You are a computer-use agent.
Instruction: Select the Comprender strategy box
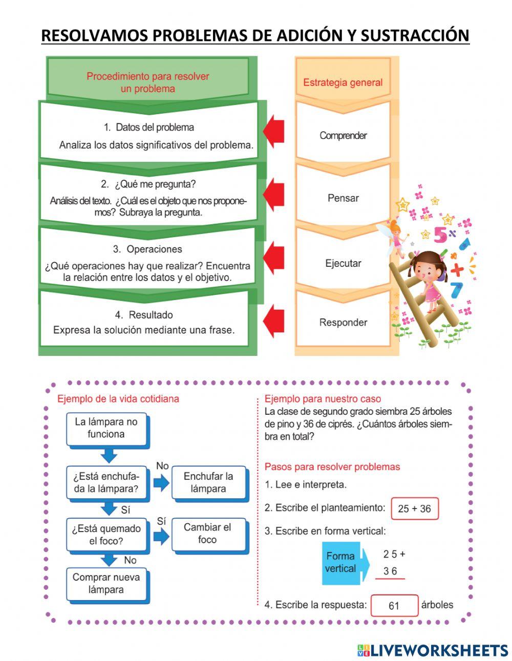coord(343,136)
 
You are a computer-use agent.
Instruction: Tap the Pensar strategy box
coord(343,198)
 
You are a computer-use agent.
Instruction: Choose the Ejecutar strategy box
coord(343,263)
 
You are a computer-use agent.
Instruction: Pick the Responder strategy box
coord(343,323)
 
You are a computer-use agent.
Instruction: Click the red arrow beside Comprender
coord(274,132)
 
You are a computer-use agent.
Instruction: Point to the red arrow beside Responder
coord(274,321)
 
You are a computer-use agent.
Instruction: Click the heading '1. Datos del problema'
coord(148,127)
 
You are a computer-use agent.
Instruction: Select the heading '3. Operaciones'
coord(147,249)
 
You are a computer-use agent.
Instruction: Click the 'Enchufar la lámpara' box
coord(208,482)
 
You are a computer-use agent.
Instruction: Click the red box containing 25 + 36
coord(414,509)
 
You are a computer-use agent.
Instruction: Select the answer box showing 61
coord(394,606)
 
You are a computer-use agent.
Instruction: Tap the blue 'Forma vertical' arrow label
coord(343,562)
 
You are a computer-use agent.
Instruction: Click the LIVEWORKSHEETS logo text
coord(438,650)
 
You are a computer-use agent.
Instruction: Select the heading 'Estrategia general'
coord(343,82)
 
